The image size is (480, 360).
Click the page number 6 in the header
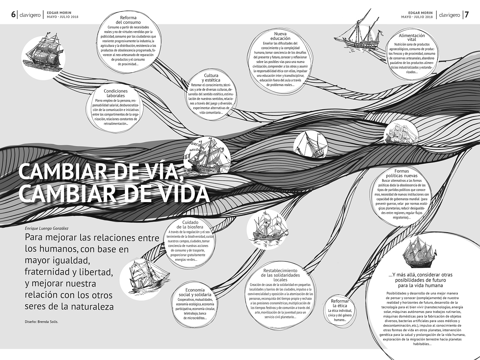(13, 14)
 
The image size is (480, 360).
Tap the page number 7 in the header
(467, 14)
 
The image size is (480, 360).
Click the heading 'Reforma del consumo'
(128, 20)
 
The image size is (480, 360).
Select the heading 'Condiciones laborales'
(116, 93)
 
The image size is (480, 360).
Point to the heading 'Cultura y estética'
(211, 78)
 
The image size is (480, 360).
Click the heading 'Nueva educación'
(280, 36)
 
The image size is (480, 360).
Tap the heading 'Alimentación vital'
(412, 37)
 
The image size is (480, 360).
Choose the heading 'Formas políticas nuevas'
(402, 173)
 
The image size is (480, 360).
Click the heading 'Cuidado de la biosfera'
(190, 225)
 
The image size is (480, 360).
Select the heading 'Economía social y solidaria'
(195, 292)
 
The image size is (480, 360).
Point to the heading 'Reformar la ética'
(340, 303)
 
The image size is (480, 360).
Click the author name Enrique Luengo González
(46, 228)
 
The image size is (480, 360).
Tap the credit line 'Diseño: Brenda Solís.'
(42, 322)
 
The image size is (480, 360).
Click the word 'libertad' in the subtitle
(96, 272)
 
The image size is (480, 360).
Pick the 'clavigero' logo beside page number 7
(449, 15)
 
